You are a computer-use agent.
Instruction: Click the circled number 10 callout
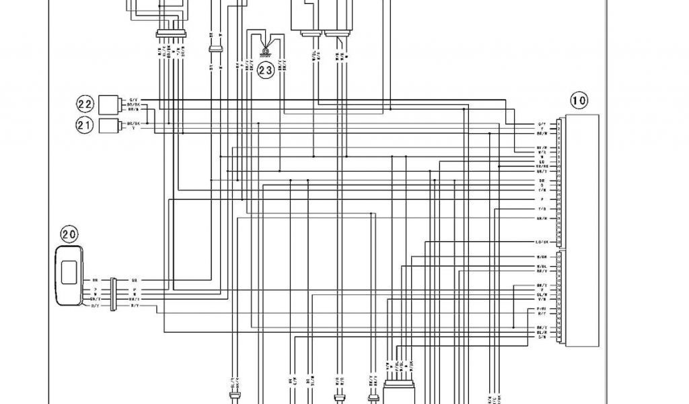click(x=579, y=101)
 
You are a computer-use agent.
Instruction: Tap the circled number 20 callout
click(x=69, y=234)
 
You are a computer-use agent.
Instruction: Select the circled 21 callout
click(x=84, y=125)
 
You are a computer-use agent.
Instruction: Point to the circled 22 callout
click(x=84, y=104)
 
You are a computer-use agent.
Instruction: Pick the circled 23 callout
click(x=266, y=69)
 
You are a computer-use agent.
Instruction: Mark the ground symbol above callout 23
click(x=266, y=48)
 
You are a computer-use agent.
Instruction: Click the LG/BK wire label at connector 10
click(x=542, y=242)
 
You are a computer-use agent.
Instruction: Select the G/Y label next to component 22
click(x=133, y=100)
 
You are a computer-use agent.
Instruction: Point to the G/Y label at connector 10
click(x=542, y=125)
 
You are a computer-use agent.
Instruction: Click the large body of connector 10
click(x=582, y=230)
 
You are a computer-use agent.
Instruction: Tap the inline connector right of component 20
click(x=114, y=292)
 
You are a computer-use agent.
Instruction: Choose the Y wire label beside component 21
click(x=133, y=128)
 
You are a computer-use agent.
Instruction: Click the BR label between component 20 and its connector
click(x=95, y=279)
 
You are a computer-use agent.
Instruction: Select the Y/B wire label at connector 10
click(x=542, y=209)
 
